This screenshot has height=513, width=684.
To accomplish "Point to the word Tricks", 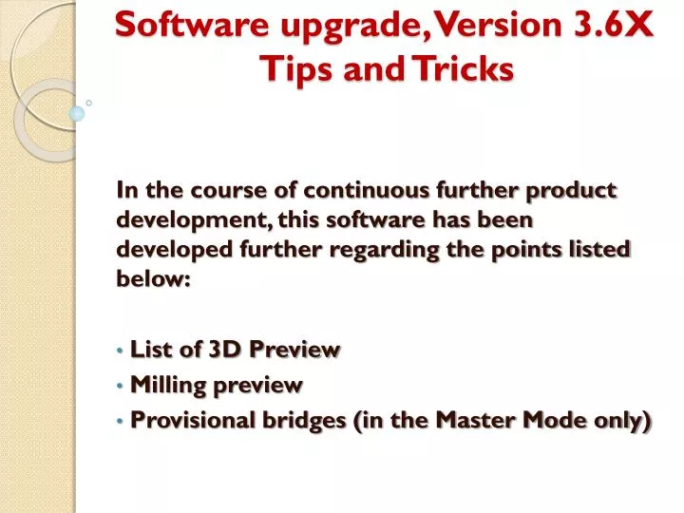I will [x=462, y=68].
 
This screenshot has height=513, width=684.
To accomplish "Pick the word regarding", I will [x=383, y=250].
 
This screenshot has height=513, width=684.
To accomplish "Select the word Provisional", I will [x=188, y=421].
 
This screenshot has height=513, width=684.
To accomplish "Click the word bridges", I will [x=298, y=421].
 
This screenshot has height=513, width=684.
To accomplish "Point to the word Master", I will [x=472, y=421].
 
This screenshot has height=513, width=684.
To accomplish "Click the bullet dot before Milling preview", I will [x=121, y=387].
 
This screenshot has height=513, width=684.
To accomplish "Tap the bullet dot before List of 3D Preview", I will [x=121, y=351].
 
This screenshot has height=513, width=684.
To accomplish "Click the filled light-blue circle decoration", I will [x=77, y=113].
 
